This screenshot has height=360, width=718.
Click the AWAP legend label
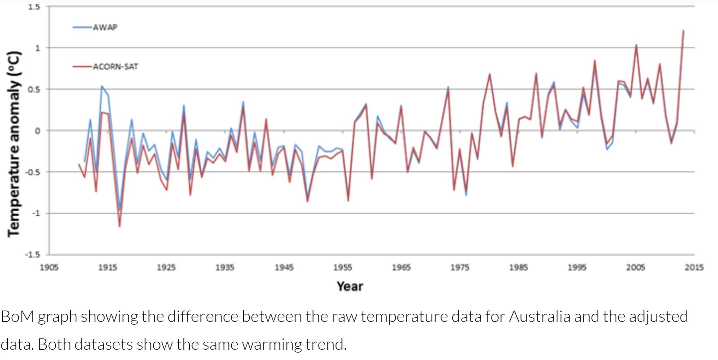(105, 28)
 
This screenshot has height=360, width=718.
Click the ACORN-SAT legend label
(115, 67)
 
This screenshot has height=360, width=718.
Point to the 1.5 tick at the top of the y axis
(34, 7)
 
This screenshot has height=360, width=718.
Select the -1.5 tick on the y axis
(32, 255)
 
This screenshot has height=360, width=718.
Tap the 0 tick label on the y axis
(37, 131)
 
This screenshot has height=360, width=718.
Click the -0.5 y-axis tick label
(32, 172)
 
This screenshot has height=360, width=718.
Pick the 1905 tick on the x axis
(49, 267)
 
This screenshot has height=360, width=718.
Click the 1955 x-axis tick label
(343, 267)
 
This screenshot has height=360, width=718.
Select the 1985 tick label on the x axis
(518, 267)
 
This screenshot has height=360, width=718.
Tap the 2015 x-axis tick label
(694, 267)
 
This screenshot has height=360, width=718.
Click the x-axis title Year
(350, 286)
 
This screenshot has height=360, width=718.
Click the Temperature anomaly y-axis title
(14, 144)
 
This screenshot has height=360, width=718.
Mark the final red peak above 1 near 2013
(683, 31)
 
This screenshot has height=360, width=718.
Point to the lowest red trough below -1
(120, 226)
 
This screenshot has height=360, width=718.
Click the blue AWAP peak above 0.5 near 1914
(102, 86)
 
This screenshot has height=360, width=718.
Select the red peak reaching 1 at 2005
(636, 45)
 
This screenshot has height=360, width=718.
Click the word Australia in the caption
(539, 317)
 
